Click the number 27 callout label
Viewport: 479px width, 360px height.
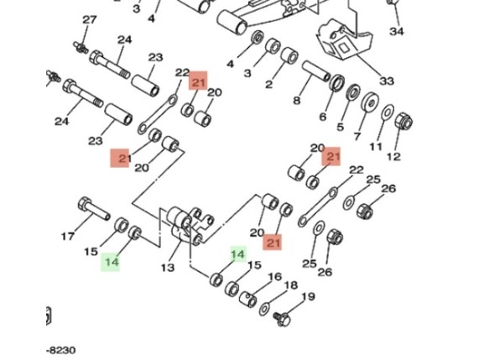click(x=89, y=20)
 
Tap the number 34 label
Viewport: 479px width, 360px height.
click(x=397, y=31)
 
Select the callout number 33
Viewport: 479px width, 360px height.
click(x=387, y=81)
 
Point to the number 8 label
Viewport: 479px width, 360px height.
click(x=297, y=100)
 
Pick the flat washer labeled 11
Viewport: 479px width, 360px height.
click(x=388, y=112)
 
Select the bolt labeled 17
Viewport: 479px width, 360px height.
click(x=94, y=209)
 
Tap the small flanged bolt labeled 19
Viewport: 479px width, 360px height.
click(x=281, y=319)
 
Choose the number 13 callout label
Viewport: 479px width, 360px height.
click(x=168, y=268)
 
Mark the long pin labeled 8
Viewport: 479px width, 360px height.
click(x=316, y=71)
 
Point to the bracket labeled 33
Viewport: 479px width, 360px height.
click(x=345, y=39)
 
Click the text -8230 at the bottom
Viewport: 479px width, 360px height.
click(x=60, y=350)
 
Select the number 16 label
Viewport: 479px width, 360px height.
click(x=274, y=277)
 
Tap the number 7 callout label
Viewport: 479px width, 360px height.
click(x=357, y=136)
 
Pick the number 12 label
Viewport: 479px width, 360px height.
click(x=393, y=157)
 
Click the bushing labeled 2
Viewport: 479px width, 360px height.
click(x=289, y=55)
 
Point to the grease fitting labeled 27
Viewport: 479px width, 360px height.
click(x=81, y=47)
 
